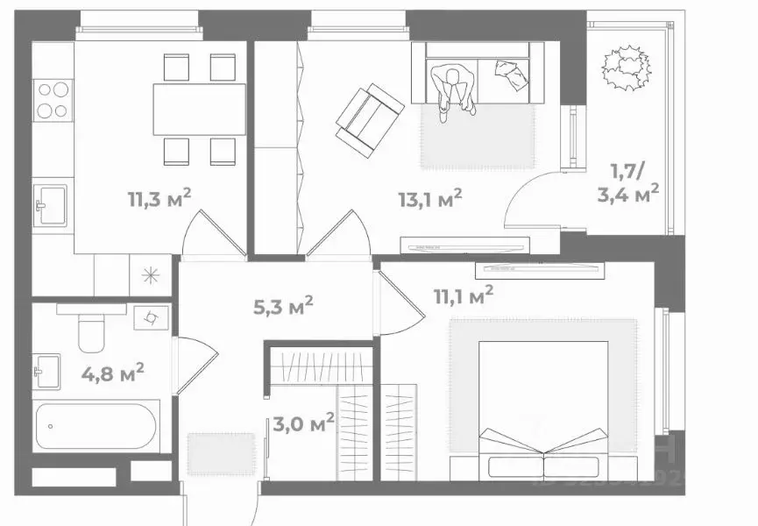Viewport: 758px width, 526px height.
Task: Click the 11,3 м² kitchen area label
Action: tap(159, 198)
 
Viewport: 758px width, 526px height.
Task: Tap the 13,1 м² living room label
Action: tap(429, 199)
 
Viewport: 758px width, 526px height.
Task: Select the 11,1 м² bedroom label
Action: tap(463, 296)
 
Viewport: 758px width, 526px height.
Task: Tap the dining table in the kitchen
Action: tap(198, 109)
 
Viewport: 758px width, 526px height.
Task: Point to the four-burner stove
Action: tap(53, 99)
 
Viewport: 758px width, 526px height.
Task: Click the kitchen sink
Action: tap(51, 207)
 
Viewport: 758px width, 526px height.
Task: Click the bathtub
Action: tap(96, 427)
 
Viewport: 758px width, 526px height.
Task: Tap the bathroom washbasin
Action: tap(46, 370)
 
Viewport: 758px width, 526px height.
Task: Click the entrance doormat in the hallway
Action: tap(209, 452)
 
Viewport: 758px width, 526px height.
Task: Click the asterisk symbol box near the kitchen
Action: tap(152, 275)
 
